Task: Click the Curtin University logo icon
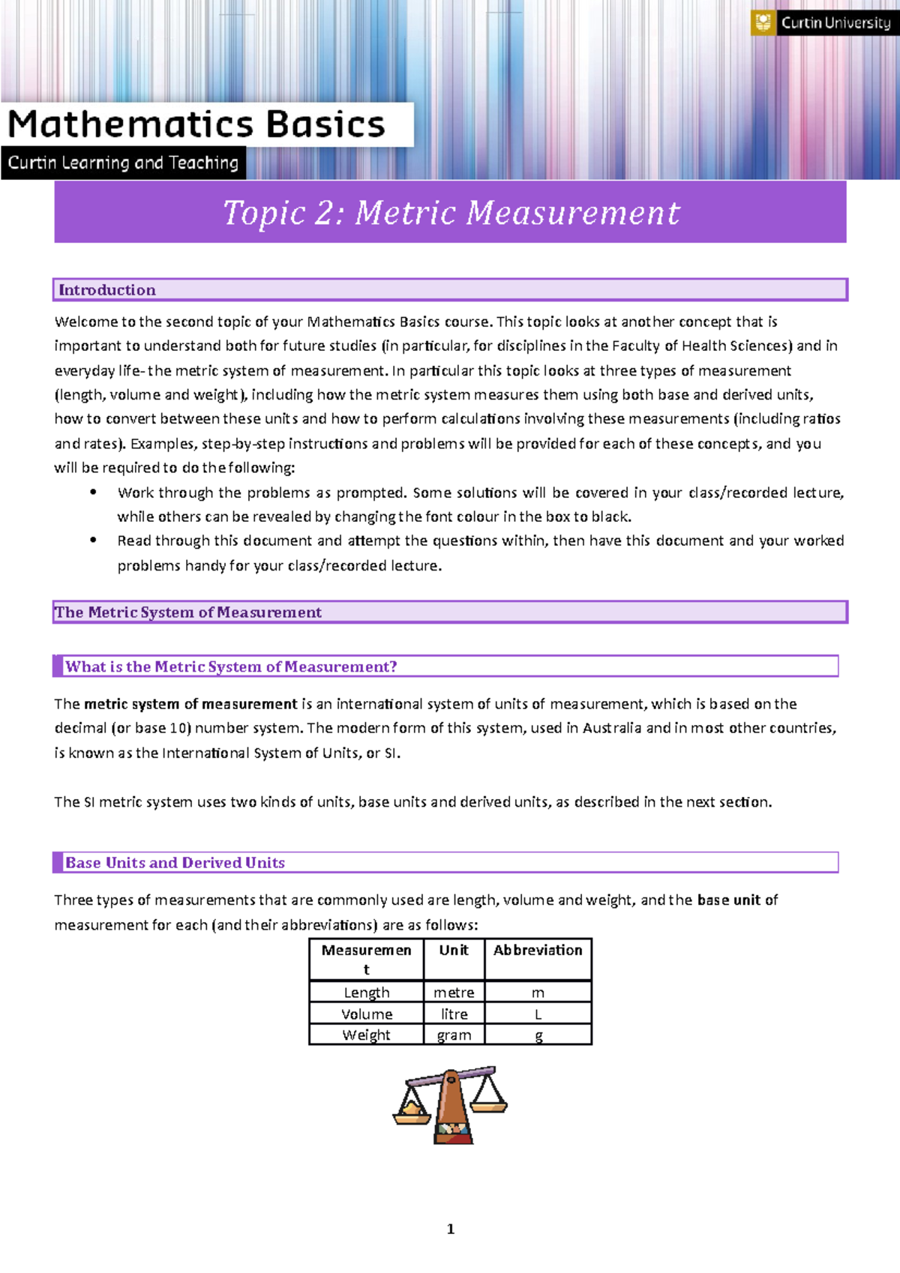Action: click(763, 22)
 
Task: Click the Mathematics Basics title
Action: click(196, 124)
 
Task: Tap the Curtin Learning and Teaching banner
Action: click(123, 163)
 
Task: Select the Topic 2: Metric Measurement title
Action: click(451, 213)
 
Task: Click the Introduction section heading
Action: click(107, 290)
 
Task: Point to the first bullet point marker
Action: click(93, 493)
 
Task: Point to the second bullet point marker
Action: click(93, 541)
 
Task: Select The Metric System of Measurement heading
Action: click(188, 613)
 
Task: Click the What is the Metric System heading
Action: click(231, 666)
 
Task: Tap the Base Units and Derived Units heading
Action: click(175, 863)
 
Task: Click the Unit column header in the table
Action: click(454, 950)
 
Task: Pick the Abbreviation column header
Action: click(538, 950)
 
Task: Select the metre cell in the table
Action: click(454, 993)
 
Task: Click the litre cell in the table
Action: click(454, 1014)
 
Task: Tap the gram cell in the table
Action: click(454, 1035)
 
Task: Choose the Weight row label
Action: click(366, 1035)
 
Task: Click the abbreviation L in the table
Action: click(538, 1014)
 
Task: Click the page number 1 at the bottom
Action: click(450, 1229)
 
